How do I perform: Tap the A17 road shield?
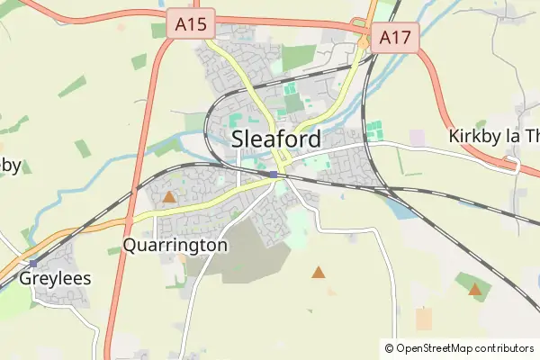point(395,38)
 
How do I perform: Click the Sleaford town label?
point(276,139)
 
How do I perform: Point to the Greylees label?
point(55,278)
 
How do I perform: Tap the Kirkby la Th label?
point(493,137)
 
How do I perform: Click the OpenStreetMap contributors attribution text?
point(464,347)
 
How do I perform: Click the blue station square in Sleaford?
point(273,174)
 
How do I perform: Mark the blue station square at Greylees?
point(33,263)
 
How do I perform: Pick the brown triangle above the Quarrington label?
point(168,195)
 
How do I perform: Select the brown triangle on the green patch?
point(474,289)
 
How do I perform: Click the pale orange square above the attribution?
point(424,319)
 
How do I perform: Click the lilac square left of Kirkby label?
point(417,138)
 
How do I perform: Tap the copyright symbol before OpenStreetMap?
point(390,347)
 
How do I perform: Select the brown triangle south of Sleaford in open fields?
point(318,271)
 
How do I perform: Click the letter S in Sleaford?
point(239,139)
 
